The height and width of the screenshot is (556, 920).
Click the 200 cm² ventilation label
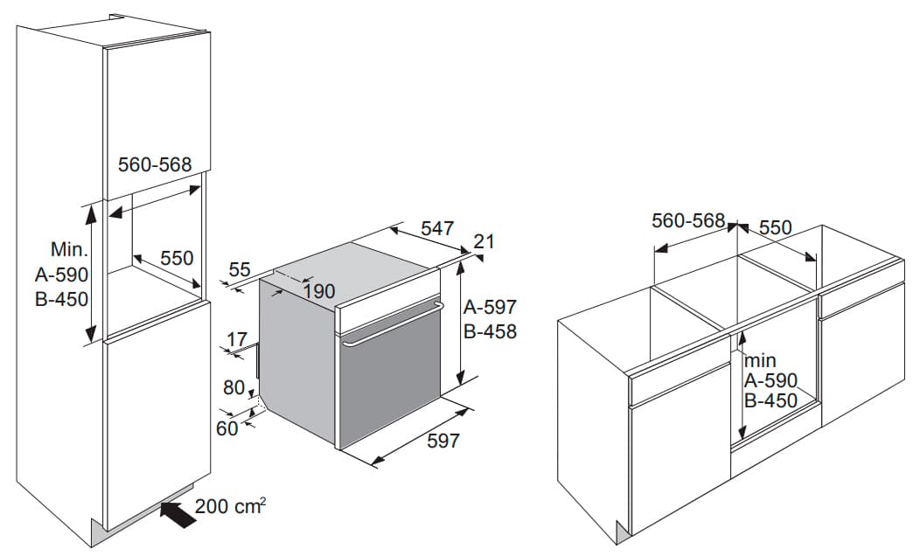tap(231, 505)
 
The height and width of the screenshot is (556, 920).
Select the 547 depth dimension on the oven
tap(437, 228)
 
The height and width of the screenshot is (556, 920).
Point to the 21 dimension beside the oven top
tap(484, 241)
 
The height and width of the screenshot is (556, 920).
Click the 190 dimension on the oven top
tap(319, 291)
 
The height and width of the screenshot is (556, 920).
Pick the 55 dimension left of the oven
tap(240, 270)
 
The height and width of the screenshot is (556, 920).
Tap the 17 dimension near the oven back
tap(236, 339)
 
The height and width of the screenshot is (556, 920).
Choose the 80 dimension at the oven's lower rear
tap(234, 387)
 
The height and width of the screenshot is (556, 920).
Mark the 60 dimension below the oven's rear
tap(227, 428)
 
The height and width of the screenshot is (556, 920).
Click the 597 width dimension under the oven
tap(443, 441)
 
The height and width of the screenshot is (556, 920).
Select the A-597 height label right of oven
tap(490, 307)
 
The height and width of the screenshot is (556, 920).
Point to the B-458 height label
tap(490, 331)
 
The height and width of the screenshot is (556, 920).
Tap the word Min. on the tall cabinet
tap(69, 249)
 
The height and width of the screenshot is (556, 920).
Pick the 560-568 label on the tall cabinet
tap(155, 164)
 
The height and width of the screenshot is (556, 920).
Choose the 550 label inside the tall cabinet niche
tap(177, 258)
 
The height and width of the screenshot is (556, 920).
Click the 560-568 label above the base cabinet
tap(688, 220)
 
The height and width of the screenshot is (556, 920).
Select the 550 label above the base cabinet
tap(776, 227)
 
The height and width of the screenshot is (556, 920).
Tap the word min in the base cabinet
tap(761, 360)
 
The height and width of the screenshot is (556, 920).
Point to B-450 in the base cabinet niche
tap(771, 400)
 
